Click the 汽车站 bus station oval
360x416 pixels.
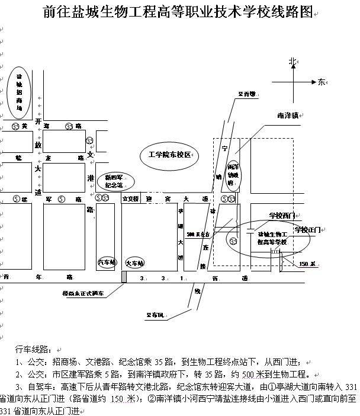click(107, 261)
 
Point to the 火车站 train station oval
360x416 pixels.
click(136, 261)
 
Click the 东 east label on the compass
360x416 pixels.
click(322, 81)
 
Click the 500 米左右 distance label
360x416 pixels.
click(198, 235)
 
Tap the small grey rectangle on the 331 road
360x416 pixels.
click(123, 277)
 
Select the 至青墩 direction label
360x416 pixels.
click(246, 94)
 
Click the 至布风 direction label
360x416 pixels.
click(155, 315)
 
